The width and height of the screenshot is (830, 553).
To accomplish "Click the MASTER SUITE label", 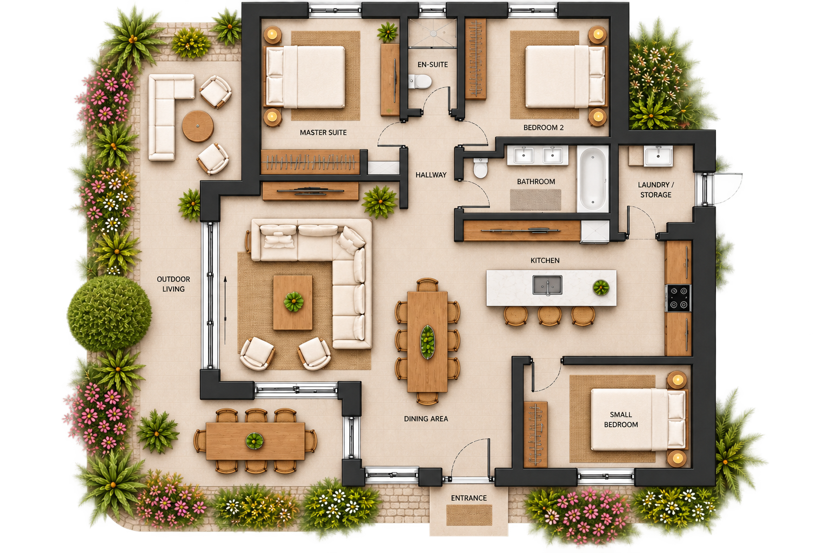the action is tap(323, 133).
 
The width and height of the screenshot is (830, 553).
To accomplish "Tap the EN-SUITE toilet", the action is tap(420, 82).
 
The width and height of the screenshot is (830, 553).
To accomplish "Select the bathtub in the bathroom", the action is tap(592, 179).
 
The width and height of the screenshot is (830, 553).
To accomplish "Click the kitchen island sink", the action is tap(547, 285).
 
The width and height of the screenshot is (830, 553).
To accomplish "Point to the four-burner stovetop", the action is tap(679, 298).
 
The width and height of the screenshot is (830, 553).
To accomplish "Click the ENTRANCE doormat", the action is tap(469, 515).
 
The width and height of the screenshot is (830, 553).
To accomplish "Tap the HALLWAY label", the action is tap(431, 175).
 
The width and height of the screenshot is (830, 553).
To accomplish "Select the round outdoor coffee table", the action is tap(197, 126).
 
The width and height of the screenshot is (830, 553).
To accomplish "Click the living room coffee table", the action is tap(293, 302).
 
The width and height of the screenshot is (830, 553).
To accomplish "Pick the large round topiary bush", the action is tap(110, 313).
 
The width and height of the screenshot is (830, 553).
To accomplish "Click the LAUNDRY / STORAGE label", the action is tap(656, 190).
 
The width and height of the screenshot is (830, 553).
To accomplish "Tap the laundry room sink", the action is tap(658, 156).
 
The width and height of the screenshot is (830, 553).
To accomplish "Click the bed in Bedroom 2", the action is tap(565, 77).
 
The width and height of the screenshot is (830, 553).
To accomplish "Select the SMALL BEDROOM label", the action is tap(621, 420).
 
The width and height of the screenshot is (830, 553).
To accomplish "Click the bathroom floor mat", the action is tap(536, 200).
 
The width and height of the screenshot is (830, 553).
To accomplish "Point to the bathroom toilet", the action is tap(480, 168).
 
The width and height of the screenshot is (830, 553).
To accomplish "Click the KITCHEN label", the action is tap(545, 261).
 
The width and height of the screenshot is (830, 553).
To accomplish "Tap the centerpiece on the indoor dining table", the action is tap(427, 342).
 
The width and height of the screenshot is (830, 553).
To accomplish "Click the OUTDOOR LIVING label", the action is tap(173, 284).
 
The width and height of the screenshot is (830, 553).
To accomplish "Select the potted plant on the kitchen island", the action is tap(601, 287).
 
